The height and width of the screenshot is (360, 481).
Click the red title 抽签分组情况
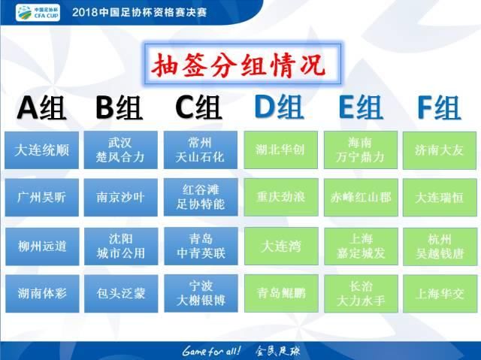click(x=240, y=63)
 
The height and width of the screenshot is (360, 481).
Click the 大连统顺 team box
click(x=43, y=150)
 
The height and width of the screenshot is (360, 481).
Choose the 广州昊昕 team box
click(x=43, y=197)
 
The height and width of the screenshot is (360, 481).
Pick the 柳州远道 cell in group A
click(x=43, y=246)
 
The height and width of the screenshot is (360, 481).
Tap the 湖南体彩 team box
click(x=43, y=293)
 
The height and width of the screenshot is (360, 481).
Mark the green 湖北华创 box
click(x=280, y=150)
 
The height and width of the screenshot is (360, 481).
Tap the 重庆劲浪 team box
click(x=280, y=197)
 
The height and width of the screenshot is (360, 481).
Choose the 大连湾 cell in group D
click(x=280, y=246)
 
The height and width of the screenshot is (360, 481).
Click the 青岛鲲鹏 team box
click(x=280, y=293)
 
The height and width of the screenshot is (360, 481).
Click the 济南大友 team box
click(x=440, y=150)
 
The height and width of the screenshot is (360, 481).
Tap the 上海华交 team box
click(x=440, y=293)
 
